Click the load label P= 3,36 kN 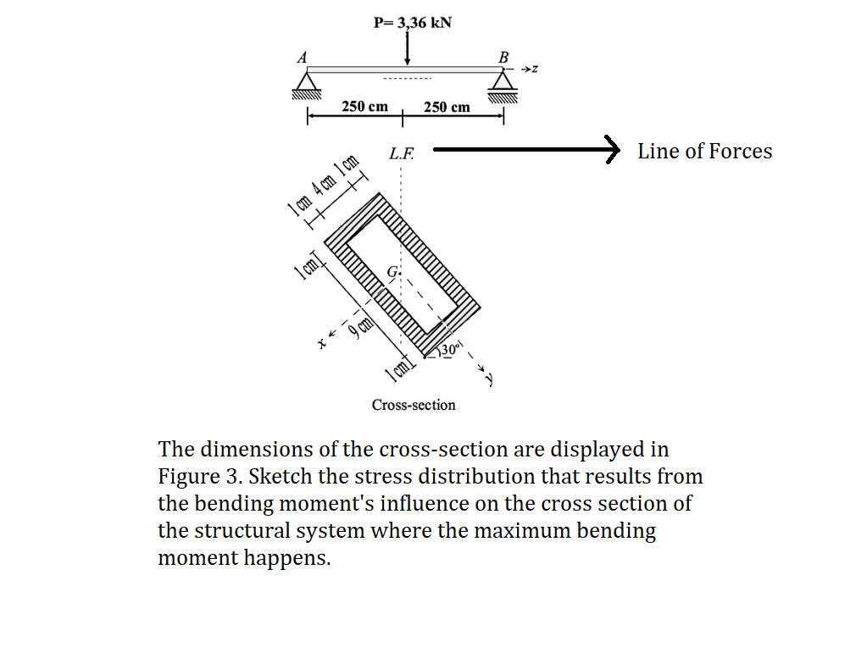412,22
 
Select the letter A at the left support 301,57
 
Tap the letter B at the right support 504,57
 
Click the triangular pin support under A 308,82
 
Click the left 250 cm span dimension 364,107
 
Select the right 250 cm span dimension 447,108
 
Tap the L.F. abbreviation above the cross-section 402,154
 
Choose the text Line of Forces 704,152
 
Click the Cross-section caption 414,405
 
